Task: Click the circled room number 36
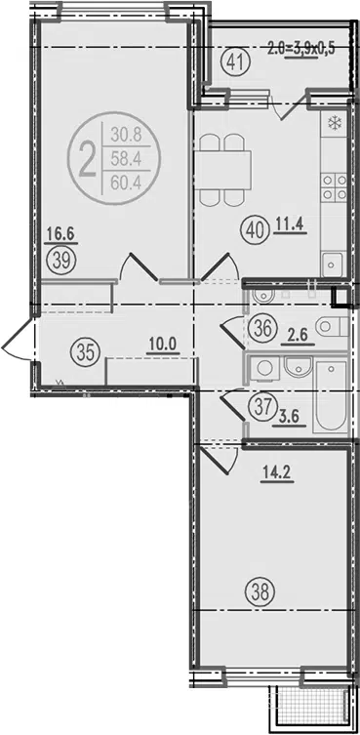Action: coord(262,328)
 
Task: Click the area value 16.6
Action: coord(61,234)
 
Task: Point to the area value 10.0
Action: coord(162,345)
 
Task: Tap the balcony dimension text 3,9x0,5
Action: coord(314,48)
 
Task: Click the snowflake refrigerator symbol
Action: coord(334,124)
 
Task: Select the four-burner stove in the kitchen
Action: coord(334,186)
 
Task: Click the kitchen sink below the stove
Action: coord(334,265)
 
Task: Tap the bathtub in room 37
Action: coord(331,396)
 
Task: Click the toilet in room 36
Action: coord(331,327)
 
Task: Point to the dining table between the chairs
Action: coord(222,170)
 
